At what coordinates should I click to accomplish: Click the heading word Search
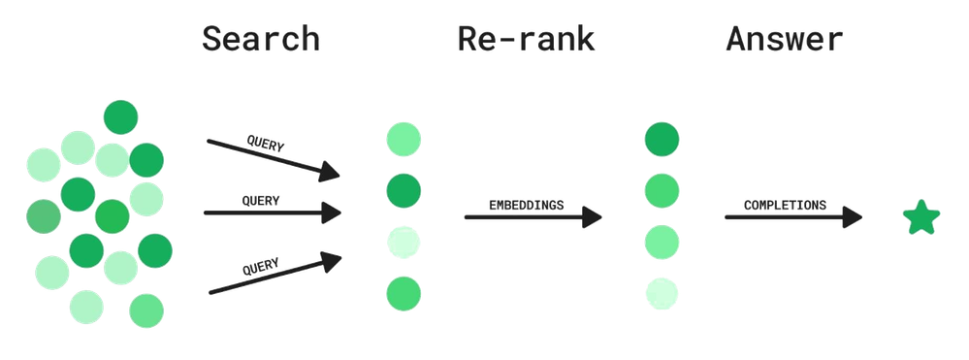[x=260, y=40]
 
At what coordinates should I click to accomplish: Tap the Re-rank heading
[x=527, y=40]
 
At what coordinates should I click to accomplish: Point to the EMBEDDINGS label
[x=527, y=206]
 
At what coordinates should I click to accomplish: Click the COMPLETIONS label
[x=786, y=206]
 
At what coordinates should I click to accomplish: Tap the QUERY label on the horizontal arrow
[x=260, y=201]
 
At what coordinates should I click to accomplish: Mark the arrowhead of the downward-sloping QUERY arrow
[x=333, y=174]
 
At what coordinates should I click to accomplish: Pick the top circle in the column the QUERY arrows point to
[x=403, y=138]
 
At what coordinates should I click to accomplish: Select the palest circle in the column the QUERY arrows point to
[x=403, y=241]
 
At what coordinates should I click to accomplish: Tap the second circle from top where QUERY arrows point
[x=403, y=189]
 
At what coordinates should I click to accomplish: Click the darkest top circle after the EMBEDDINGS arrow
[x=662, y=138]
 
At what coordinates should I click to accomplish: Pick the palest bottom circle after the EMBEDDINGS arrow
[x=662, y=291]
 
